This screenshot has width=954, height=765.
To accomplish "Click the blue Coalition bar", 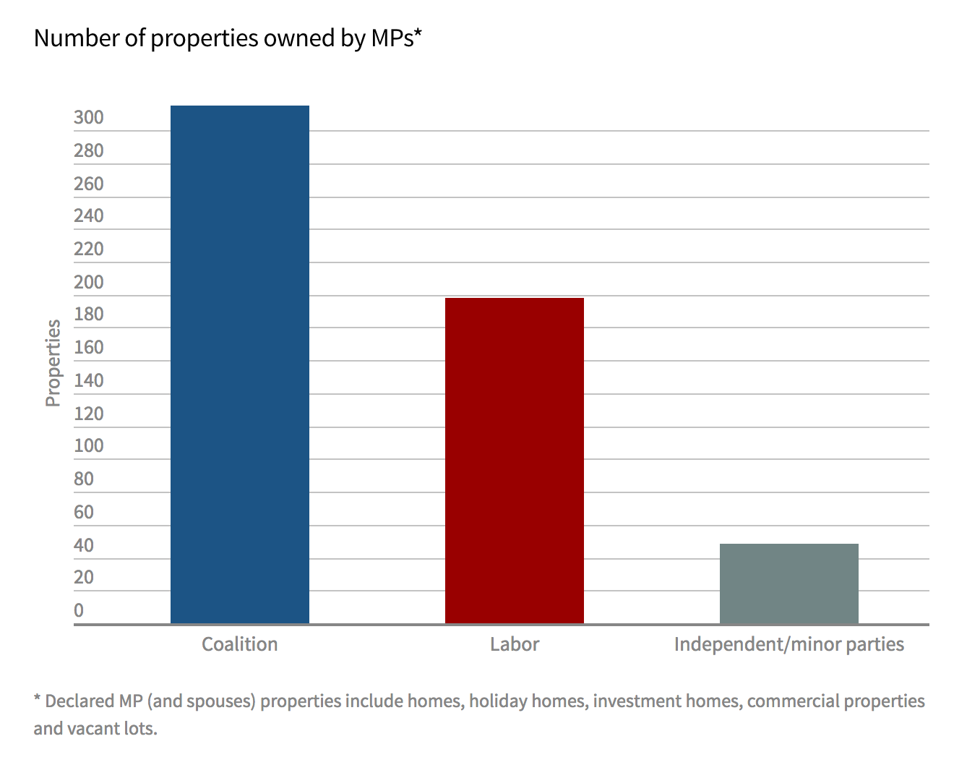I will click(240, 364).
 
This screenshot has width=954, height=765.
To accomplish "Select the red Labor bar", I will click(515, 461).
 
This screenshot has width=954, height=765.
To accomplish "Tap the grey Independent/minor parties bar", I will click(789, 584).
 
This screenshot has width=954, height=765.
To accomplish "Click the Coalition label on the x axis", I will click(239, 644).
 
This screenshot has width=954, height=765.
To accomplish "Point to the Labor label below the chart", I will click(515, 644).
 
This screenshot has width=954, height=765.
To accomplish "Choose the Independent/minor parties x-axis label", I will click(789, 644).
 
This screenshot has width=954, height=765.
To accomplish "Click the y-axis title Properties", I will click(53, 363).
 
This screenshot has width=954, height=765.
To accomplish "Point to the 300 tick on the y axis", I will click(89, 118).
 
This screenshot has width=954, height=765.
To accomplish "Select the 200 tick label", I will click(89, 282).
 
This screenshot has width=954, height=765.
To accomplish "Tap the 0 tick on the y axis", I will click(79, 610).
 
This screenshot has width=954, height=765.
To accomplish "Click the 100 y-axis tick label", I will click(89, 446).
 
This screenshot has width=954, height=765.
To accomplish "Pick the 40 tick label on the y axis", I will click(84, 545).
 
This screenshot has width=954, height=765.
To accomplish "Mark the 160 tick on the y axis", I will click(89, 348).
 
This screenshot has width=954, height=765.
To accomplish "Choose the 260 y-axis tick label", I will click(89, 184).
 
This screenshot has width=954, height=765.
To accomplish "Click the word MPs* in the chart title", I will click(396, 38).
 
